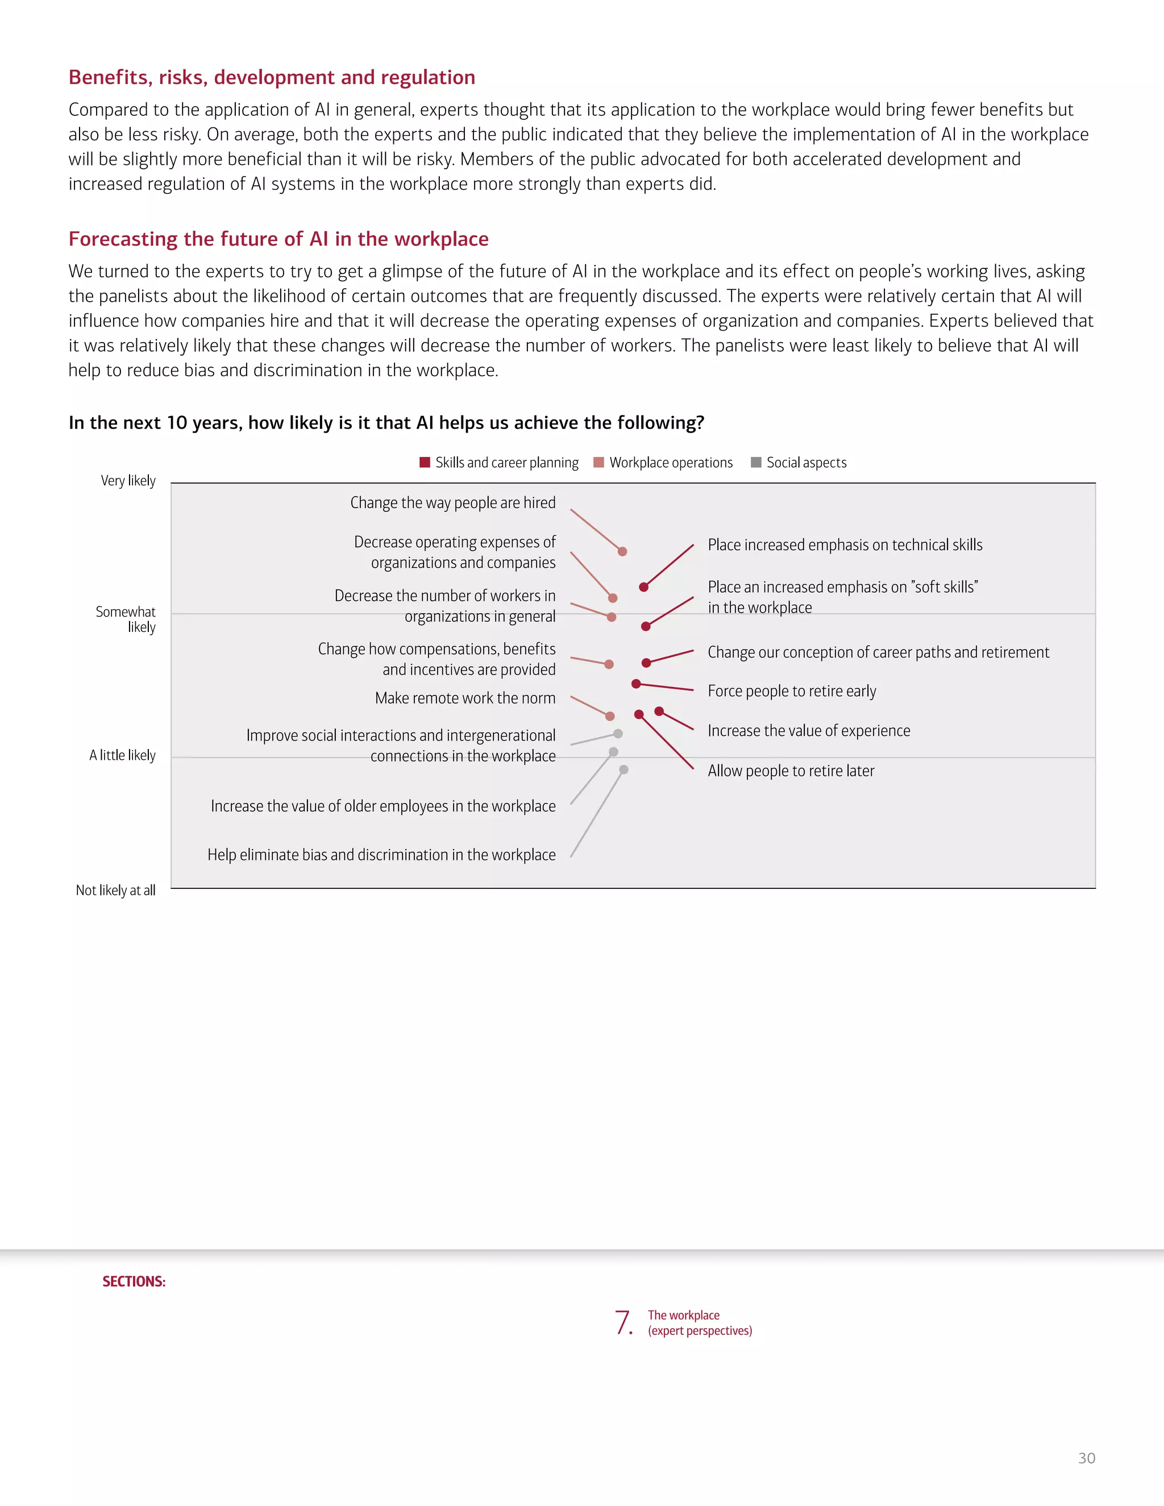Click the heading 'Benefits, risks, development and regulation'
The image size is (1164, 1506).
point(272,77)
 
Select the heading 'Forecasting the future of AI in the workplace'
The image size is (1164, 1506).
point(278,239)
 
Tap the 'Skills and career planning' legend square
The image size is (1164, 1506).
point(425,462)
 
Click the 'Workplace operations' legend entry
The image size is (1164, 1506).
point(663,463)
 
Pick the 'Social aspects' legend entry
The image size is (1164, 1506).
point(799,463)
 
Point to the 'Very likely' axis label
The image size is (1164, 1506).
point(128,481)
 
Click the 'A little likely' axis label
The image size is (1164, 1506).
point(122,755)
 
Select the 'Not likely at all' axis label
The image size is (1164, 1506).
point(115,890)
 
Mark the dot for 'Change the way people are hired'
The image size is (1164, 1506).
point(622,551)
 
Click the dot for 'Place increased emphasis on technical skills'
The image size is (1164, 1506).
point(643,587)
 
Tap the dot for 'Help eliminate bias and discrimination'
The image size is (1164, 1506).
point(623,769)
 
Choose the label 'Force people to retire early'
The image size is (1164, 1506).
point(792,691)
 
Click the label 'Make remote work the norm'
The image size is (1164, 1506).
point(465,698)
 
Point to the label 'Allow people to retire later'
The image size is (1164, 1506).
point(791,771)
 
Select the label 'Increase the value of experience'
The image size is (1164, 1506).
point(809,731)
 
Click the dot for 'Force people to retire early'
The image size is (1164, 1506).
point(636,683)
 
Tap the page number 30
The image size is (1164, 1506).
point(1086,1458)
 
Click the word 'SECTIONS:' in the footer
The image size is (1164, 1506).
point(134,1281)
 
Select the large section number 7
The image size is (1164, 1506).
point(623,1322)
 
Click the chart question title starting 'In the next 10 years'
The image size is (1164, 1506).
point(386,423)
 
